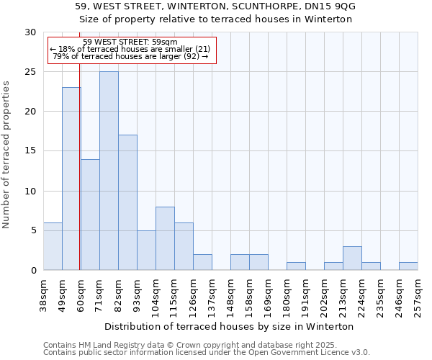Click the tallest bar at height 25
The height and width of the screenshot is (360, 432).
109,171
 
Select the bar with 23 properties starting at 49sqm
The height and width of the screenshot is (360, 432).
71,179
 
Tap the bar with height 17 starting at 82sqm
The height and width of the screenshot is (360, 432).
127,202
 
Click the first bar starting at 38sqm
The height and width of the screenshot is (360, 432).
53,246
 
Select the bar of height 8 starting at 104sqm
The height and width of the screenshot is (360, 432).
165,238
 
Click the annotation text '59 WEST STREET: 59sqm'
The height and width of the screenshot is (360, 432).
130,42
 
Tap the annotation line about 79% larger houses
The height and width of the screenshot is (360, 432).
131,56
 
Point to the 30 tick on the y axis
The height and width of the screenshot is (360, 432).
31,32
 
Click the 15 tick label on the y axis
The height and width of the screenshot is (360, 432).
31,151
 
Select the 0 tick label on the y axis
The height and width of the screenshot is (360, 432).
34,270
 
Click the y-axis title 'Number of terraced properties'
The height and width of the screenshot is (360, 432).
6,154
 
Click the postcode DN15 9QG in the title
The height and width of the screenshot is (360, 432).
327,6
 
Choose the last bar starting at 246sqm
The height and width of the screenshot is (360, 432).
408,266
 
